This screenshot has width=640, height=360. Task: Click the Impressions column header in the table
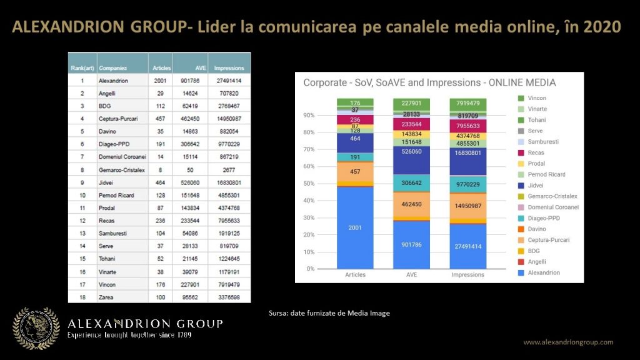[229, 67]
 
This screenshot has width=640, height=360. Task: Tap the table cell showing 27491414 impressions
[229, 81]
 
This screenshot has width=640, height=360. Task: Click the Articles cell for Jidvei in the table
[159, 184]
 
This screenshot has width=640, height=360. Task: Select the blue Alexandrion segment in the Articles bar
[355, 227]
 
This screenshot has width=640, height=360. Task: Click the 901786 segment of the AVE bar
[411, 244]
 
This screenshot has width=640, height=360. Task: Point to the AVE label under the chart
[411, 275]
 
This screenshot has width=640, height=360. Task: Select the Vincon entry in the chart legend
[536, 98]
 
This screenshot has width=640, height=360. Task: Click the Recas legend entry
[535, 152]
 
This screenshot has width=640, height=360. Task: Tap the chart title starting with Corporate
[429, 82]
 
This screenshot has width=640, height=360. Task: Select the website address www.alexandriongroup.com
[568, 342]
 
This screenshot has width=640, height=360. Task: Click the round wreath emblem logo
[37, 327]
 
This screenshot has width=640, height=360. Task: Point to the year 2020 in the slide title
[601, 28]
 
